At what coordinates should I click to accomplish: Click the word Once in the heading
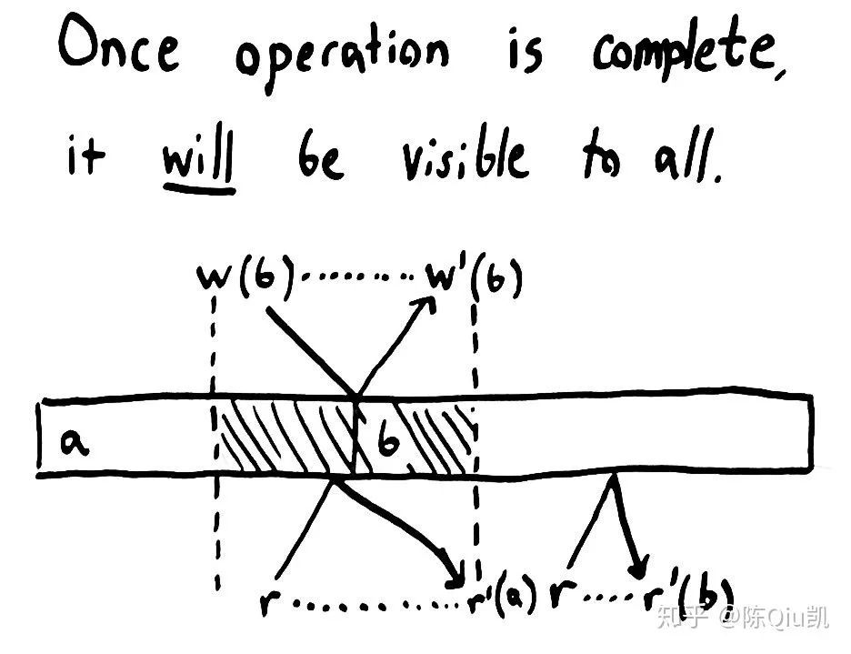[x=118, y=44]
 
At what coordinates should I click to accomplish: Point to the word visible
[x=465, y=154]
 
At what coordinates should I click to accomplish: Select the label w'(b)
[x=474, y=278]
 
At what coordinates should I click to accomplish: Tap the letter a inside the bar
[x=74, y=442]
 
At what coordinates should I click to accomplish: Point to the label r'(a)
[x=502, y=596]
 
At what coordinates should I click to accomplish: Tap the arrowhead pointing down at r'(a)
[x=455, y=577]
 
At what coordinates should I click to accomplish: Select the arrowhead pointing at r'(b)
[x=639, y=568]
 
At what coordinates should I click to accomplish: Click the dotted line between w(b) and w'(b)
[x=357, y=277]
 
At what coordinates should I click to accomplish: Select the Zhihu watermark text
[x=743, y=617]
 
